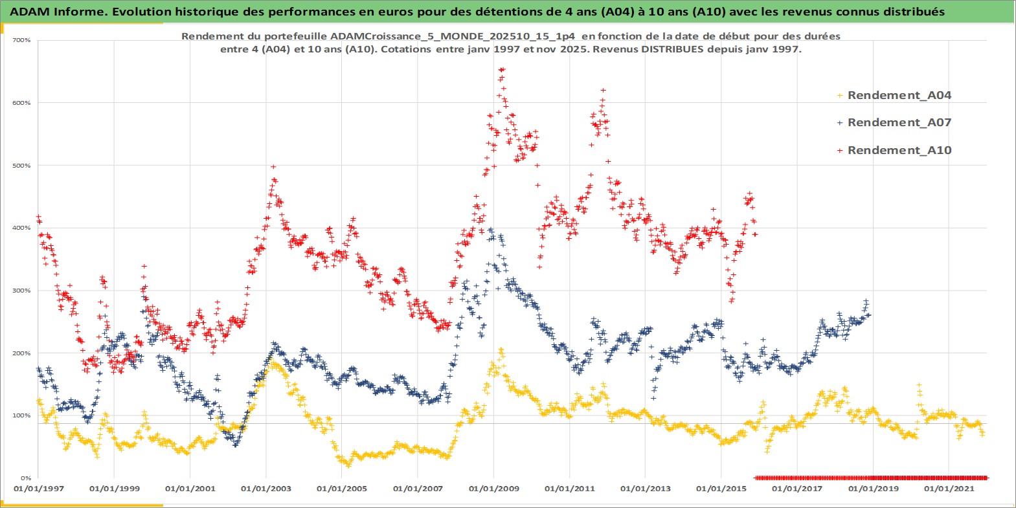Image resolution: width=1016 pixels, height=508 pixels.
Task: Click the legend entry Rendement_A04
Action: click(899, 95)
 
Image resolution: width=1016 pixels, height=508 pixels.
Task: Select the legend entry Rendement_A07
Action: click(899, 122)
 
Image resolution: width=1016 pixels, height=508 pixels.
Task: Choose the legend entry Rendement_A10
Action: click(899, 150)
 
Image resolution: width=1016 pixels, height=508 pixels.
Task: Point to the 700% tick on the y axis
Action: click(22, 40)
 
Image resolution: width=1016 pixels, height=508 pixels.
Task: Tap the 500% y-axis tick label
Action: click(22, 166)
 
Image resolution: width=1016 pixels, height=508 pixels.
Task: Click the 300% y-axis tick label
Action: click(22, 291)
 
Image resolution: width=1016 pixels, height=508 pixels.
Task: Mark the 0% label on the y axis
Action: click(25, 478)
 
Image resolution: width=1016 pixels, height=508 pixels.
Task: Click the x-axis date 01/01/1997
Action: click(39, 489)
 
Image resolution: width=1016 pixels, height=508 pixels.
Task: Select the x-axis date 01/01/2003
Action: click(266, 489)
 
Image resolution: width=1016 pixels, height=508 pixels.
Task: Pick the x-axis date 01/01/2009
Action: click(494, 489)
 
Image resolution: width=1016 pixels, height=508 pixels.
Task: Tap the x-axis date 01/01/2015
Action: click(721, 489)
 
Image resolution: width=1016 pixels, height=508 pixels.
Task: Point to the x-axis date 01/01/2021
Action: click(949, 489)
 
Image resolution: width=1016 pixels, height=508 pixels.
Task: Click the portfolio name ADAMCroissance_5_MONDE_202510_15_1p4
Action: click(452, 36)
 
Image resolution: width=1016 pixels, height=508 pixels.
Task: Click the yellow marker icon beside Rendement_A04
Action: click(840, 96)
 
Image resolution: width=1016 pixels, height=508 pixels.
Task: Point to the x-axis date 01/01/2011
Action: click(570, 489)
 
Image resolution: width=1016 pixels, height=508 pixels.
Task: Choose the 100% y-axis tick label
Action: click(22, 415)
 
